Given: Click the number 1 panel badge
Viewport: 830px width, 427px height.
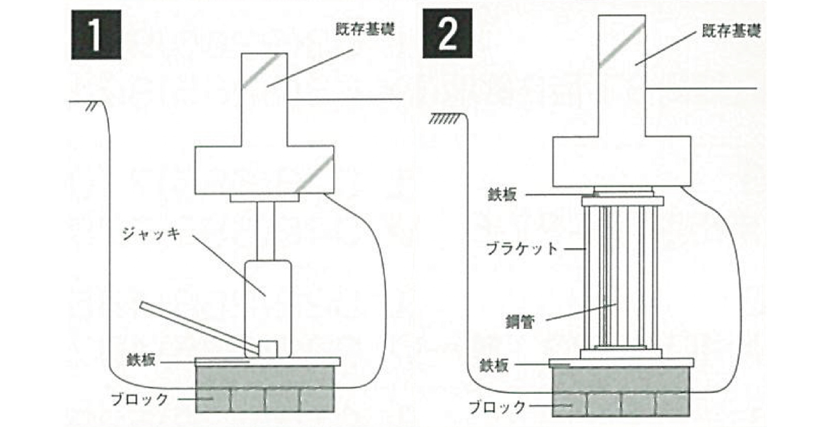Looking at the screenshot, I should [x=96, y=35].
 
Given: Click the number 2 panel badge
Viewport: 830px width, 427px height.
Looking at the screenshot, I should [x=447, y=35].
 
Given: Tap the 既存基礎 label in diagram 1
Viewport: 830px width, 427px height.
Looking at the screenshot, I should [x=365, y=30].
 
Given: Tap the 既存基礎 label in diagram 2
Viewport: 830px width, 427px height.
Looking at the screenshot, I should [x=731, y=32].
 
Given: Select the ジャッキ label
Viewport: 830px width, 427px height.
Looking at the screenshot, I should [x=151, y=234].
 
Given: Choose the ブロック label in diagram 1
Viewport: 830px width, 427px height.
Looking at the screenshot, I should [x=140, y=399].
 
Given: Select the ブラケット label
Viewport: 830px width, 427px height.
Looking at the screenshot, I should [x=522, y=249].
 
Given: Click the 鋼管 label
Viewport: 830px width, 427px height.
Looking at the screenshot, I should [x=520, y=322].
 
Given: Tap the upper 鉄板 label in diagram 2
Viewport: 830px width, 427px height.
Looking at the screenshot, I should [x=502, y=194].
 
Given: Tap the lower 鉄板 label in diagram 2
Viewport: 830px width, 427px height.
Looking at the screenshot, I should [x=495, y=366].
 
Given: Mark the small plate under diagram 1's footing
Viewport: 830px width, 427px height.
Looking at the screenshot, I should [x=264, y=198].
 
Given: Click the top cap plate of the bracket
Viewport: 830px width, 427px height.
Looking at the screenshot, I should [x=622, y=201].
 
